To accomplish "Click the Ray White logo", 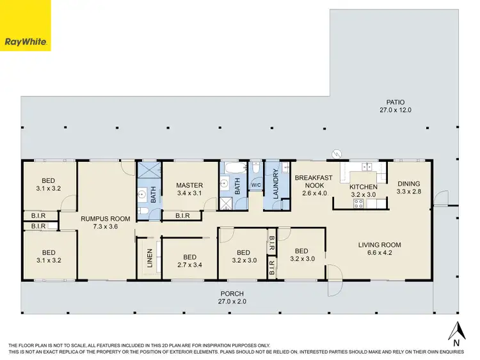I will (x=25, y=25).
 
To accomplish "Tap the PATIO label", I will (x=395, y=102).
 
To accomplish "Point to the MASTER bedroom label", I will (x=189, y=185).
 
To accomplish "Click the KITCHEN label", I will (x=364, y=187).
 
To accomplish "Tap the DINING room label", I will (x=408, y=184).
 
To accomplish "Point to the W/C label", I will (x=256, y=185).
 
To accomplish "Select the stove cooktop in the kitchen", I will (x=359, y=204).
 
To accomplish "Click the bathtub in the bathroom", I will (x=233, y=171).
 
